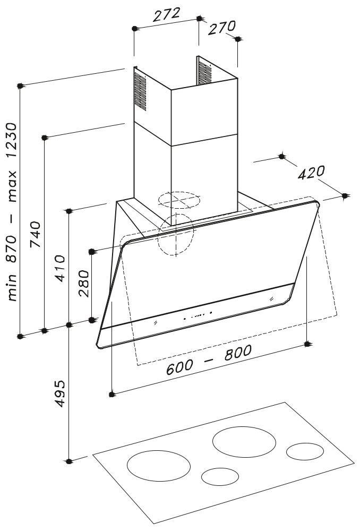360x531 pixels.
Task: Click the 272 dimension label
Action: pos(166,15)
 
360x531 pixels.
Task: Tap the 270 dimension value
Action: pos(221,28)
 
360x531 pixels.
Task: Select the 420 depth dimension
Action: pos(311,173)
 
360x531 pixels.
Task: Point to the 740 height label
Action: pos(35,234)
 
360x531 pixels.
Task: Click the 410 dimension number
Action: pos(61,268)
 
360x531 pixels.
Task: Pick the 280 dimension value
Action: pos(84,284)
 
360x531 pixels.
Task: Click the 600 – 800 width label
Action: pos(209,359)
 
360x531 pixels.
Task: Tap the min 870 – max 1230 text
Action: pos(12,212)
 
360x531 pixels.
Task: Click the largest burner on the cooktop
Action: pos(244,442)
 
